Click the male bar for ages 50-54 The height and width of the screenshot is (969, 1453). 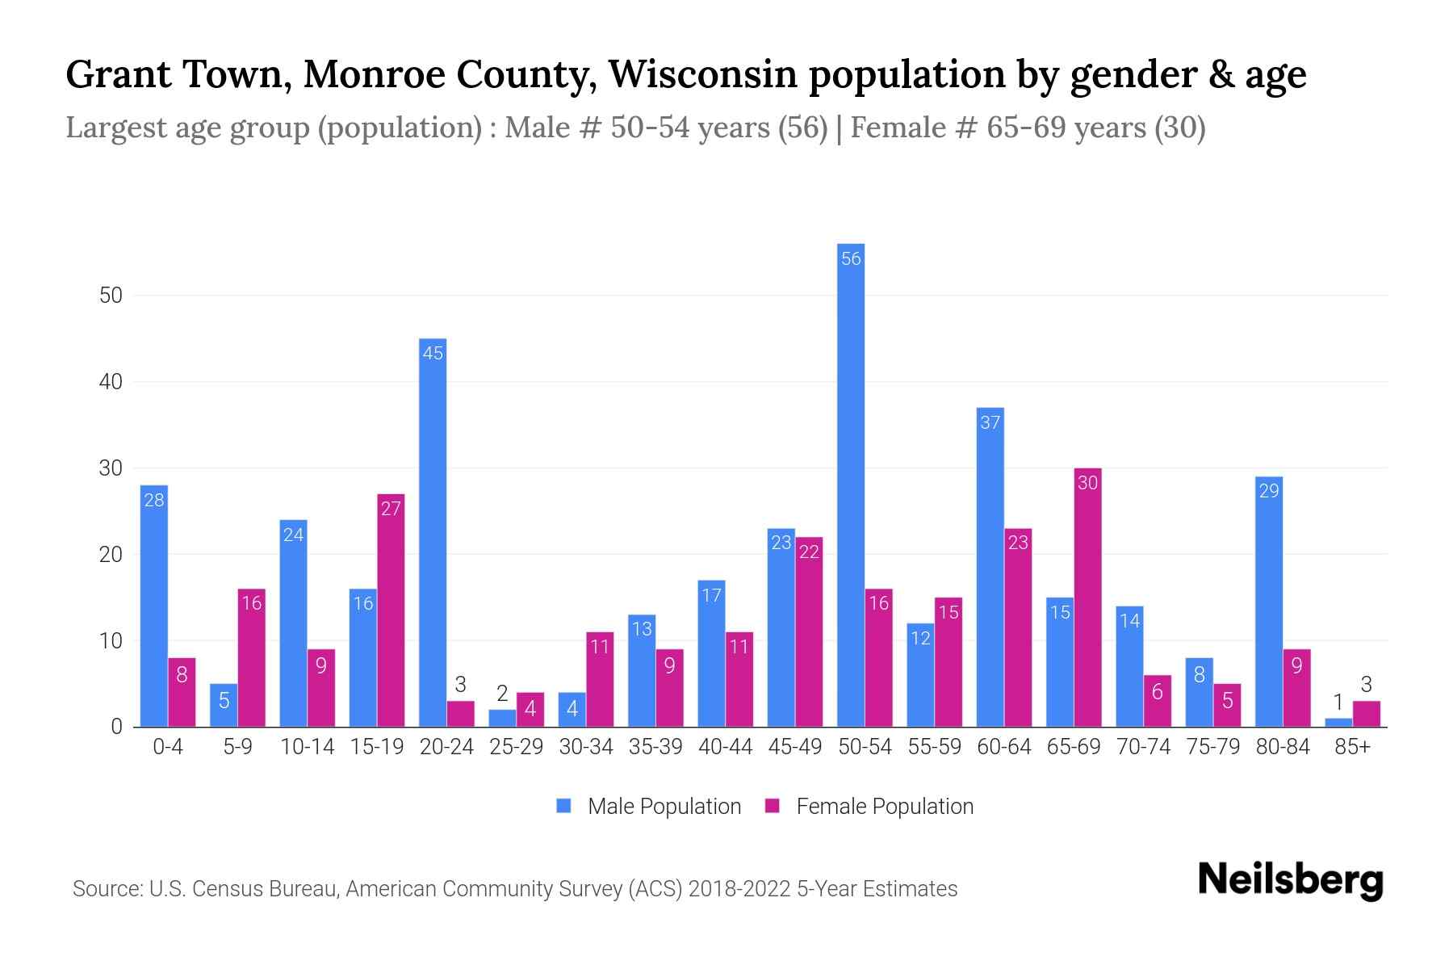coord(851,484)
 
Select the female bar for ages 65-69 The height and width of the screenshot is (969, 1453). coord(1087,598)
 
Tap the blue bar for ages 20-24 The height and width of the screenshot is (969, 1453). coord(433,533)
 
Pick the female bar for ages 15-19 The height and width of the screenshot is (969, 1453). coord(391,610)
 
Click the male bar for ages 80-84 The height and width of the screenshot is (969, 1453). coord(1269,602)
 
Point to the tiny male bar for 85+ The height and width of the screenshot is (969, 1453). coord(1338,723)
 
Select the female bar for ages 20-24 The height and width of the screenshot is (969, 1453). coord(460,714)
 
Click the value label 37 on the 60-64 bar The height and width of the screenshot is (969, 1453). coord(990,422)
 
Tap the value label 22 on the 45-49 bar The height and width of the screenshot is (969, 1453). coord(809,552)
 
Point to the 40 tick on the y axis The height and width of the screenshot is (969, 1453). coord(111,382)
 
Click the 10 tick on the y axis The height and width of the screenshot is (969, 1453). coord(111,641)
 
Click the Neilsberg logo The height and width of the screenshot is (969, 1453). coord(1290,880)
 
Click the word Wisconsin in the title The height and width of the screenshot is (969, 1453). coord(701,74)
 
